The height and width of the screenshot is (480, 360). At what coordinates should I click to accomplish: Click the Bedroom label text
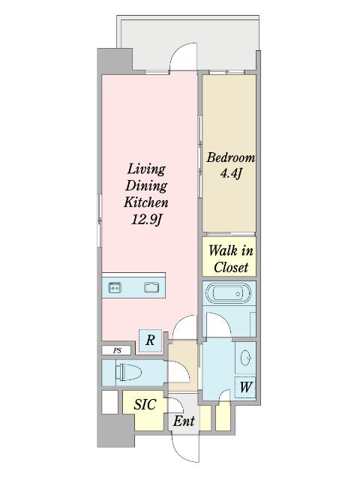[230, 158]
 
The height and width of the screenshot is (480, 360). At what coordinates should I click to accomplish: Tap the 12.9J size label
[145, 220]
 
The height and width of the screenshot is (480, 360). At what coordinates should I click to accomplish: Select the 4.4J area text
[230, 175]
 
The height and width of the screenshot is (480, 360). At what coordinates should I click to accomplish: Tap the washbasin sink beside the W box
[246, 358]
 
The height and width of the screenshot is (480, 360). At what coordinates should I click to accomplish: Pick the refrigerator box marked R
[150, 340]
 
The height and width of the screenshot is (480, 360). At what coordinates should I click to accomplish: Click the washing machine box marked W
[244, 388]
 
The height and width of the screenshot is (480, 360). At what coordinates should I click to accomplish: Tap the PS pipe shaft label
[116, 350]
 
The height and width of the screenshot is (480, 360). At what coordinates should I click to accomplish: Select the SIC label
[145, 404]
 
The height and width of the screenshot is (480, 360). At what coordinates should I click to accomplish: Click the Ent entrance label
[184, 421]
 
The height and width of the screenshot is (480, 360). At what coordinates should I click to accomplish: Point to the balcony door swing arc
[183, 56]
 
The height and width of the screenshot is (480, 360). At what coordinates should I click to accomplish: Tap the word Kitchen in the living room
[145, 202]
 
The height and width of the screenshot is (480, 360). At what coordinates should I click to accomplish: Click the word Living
[145, 169]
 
